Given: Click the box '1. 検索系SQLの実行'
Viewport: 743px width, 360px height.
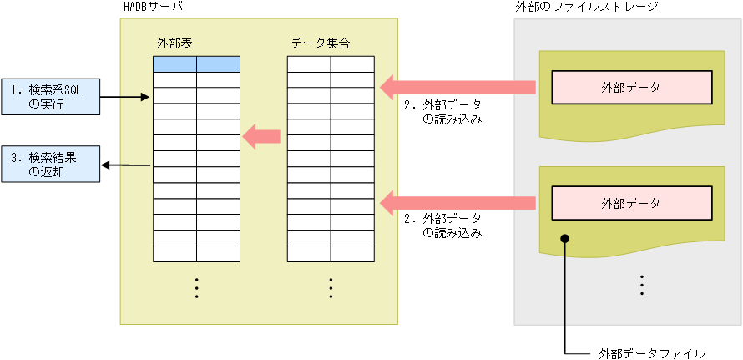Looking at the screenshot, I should pos(50,96).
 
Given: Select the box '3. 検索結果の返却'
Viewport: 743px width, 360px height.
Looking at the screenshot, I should pos(50,164).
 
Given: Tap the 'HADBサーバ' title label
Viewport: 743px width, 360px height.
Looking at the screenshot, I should pos(153,7).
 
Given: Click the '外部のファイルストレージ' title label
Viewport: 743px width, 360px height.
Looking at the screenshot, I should pos(588,7).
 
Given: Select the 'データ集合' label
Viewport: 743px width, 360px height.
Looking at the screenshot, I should pos(321,43).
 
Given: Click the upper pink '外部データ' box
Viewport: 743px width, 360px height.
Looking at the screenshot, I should pos(631,86).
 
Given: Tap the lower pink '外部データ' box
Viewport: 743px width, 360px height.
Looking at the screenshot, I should pos(631,202).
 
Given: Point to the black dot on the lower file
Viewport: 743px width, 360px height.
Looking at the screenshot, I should pos(565,239).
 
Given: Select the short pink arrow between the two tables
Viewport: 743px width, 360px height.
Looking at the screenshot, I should pos(260,134).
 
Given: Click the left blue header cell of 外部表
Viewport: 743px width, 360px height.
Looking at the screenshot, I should pos(174,64).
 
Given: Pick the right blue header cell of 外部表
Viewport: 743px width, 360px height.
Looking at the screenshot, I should pos(219,64).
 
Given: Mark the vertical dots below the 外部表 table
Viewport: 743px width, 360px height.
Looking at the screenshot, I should pos(196,286).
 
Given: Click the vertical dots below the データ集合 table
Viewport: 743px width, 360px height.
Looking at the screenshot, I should pos(331,286).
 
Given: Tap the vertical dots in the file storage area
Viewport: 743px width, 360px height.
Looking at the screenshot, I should pos(642,285).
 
